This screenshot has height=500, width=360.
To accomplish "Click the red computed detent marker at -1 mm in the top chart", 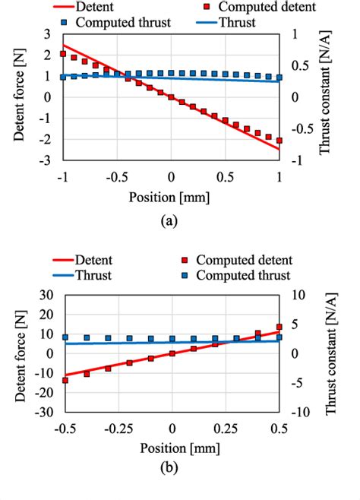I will pos(64,54).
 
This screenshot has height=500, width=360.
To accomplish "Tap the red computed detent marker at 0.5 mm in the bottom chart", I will pos(279,327).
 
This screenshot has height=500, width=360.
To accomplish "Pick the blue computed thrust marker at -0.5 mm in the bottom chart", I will pos(65,337).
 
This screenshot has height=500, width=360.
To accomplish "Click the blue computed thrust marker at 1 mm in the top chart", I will pos(279,78).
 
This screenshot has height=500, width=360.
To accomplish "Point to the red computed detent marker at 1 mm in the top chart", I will pos(279,141).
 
